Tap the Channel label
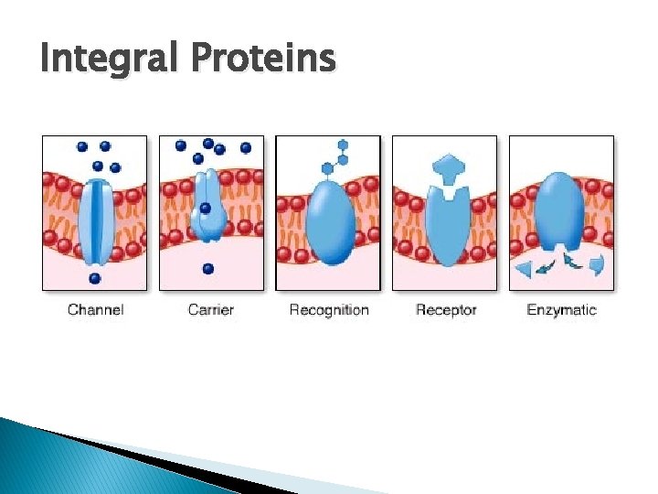click(x=95, y=309)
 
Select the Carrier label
click(x=211, y=309)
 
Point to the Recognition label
click(x=329, y=309)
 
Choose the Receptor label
click(x=446, y=309)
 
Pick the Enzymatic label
click(x=561, y=309)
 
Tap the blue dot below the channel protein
click(x=95, y=277)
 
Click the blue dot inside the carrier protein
click(x=206, y=209)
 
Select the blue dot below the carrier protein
click(x=208, y=268)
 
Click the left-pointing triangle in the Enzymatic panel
click(x=525, y=268)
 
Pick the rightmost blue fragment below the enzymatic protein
click(x=598, y=266)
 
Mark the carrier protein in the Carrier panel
click(x=208, y=206)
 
